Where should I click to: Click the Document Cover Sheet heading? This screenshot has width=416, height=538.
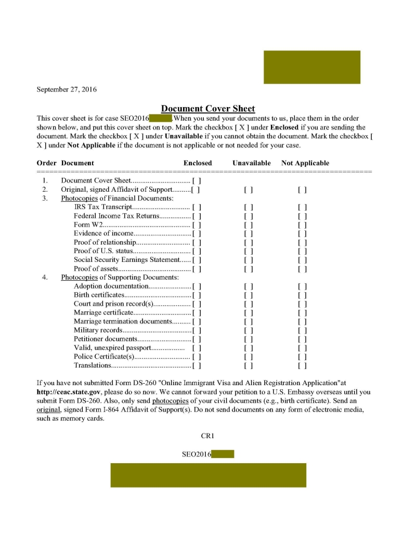click(208, 109)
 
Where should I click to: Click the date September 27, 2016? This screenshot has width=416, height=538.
click(67, 89)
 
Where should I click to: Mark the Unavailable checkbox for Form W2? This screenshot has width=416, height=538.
click(249, 225)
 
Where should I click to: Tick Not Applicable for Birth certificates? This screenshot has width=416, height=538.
click(302, 295)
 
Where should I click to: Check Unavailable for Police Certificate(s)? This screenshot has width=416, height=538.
click(249, 357)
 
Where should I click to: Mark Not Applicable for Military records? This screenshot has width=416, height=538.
click(302, 330)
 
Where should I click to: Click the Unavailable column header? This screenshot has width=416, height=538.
click(252, 163)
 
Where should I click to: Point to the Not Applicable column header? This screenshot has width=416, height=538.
click(305, 163)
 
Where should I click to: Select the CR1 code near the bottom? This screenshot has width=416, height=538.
click(208, 436)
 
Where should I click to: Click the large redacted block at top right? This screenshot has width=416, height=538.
click(311, 67)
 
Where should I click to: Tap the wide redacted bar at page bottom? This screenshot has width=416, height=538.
click(208, 475)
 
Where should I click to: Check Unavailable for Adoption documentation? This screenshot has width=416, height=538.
click(249, 286)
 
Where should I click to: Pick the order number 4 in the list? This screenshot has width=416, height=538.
click(45, 277)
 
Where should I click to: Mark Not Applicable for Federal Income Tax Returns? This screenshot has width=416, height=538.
click(302, 216)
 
